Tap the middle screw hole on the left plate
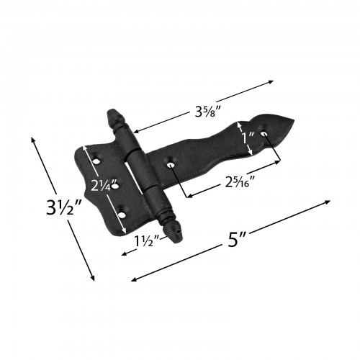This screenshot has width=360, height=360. point(114,186)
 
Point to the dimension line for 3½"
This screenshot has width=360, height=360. point(63,208)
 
